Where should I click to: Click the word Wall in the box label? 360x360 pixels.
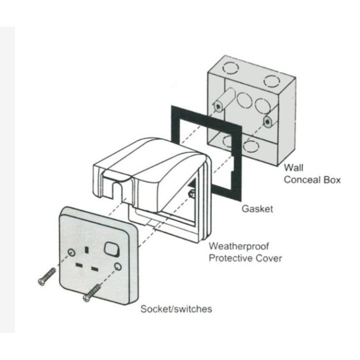[293, 168]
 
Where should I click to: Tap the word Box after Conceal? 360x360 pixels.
[330, 179]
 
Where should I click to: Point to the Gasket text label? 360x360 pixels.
[257, 208]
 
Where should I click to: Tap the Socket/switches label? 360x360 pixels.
[176, 309]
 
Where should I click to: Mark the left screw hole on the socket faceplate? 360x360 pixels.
[70, 253]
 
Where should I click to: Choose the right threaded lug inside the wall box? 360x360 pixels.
[267, 122]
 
